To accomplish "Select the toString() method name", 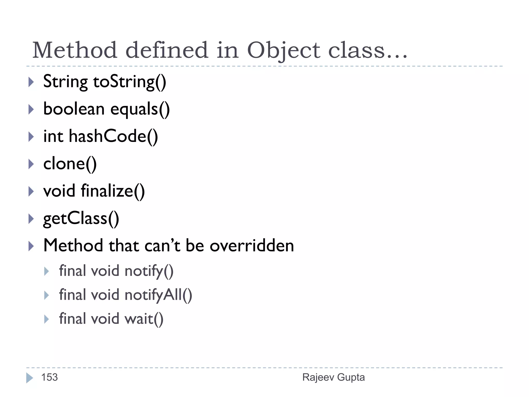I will click(129, 82).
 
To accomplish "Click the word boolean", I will click(74, 109).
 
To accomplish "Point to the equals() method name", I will click(140, 109).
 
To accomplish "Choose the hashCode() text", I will click(113, 136).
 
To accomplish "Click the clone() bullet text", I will click(70, 164).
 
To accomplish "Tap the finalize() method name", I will click(113, 191).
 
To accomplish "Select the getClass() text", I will click(81, 219).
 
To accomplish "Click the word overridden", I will click(252, 246).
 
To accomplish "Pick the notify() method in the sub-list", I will click(149, 271).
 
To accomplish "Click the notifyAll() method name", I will click(158, 295).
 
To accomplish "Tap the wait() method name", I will click(144, 319).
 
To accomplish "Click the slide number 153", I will click(50, 377).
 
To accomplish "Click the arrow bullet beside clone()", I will click(31, 164).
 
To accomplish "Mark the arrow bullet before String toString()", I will click(31, 82).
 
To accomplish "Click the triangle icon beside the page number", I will click(29, 378).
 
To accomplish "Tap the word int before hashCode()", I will click(53, 136).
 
